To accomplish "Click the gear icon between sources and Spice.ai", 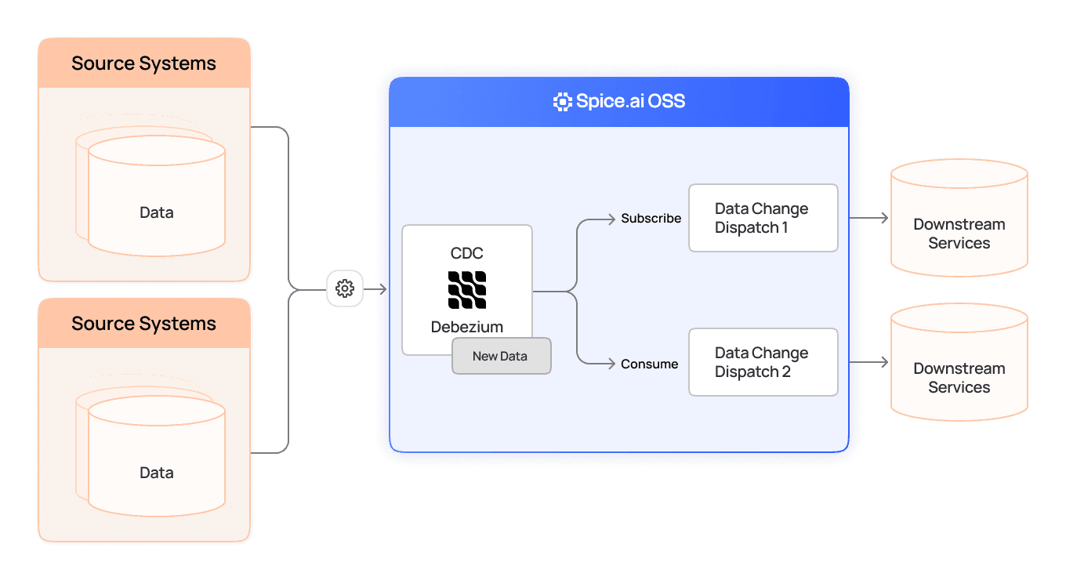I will [x=345, y=288].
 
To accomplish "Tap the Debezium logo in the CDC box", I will [x=467, y=290].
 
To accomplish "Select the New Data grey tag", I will [x=501, y=356].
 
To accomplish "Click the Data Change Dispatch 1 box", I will [x=763, y=218].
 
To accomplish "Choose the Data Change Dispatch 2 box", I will [x=763, y=362].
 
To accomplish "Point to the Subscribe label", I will [x=651, y=219].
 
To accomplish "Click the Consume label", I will [x=649, y=364].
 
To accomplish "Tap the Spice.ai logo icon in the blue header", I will [x=562, y=101].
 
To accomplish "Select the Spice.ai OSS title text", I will [x=630, y=101].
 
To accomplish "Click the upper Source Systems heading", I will [x=143, y=63].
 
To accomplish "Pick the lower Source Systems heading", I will [x=143, y=324].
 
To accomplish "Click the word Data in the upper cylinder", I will [x=156, y=212].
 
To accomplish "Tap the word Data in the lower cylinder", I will [x=156, y=473].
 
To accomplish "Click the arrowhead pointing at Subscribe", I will [x=611, y=219].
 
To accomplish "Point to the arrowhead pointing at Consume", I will [x=611, y=363].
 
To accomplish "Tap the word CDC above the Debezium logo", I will [x=467, y=253].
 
